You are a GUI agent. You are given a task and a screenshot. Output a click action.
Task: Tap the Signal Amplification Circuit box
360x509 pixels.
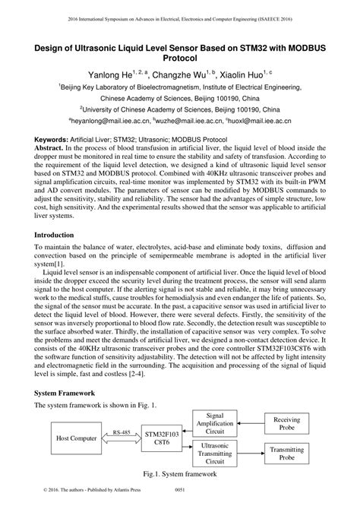pos(215,422)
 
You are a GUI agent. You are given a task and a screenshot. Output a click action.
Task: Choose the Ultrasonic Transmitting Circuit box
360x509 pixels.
pos(215,454)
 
